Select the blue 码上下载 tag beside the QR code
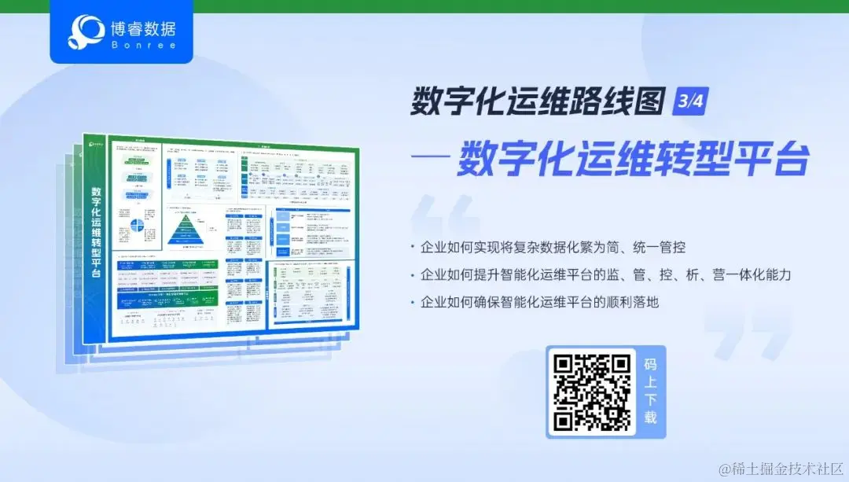click(650, 391)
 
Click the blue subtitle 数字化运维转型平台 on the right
click(633, 158)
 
